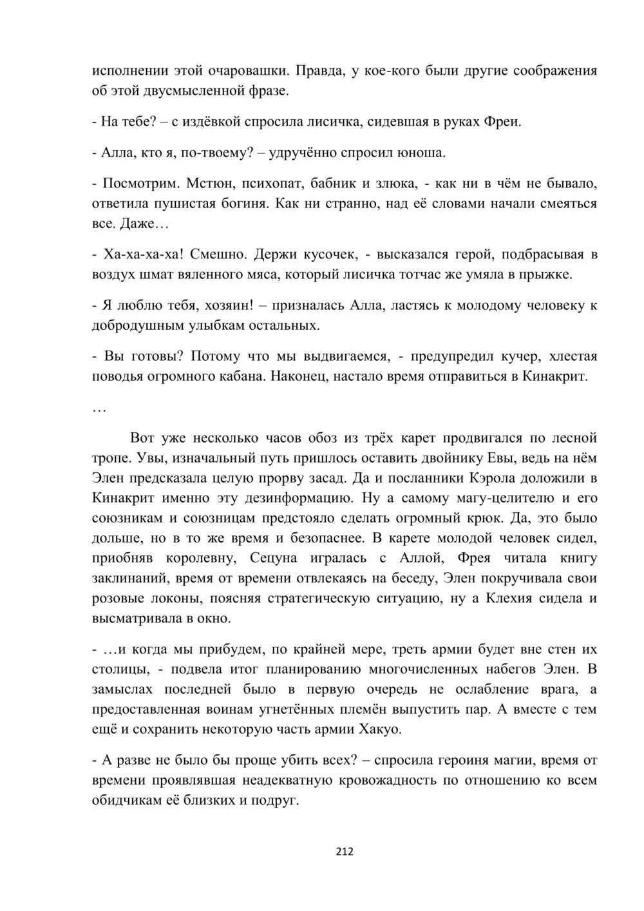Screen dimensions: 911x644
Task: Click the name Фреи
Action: pos(502,122)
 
